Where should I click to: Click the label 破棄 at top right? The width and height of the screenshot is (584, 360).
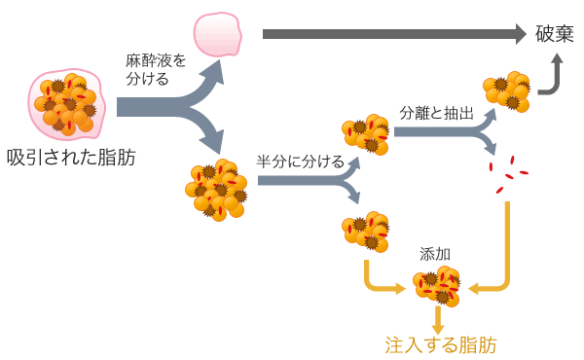click(555, 34)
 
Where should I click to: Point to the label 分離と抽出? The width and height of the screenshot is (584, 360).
click(436, 113)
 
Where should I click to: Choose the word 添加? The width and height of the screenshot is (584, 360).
click(434, 254)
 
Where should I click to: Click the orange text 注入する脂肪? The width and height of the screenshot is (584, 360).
click(440, 344)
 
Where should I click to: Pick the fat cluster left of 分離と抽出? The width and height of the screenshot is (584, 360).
click(364, 135)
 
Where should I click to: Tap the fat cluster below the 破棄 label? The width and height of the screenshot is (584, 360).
click(506, 90)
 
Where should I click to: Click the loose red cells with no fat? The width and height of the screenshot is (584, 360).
click(508, 176)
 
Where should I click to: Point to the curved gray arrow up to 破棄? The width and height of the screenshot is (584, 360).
click(551, 78)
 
